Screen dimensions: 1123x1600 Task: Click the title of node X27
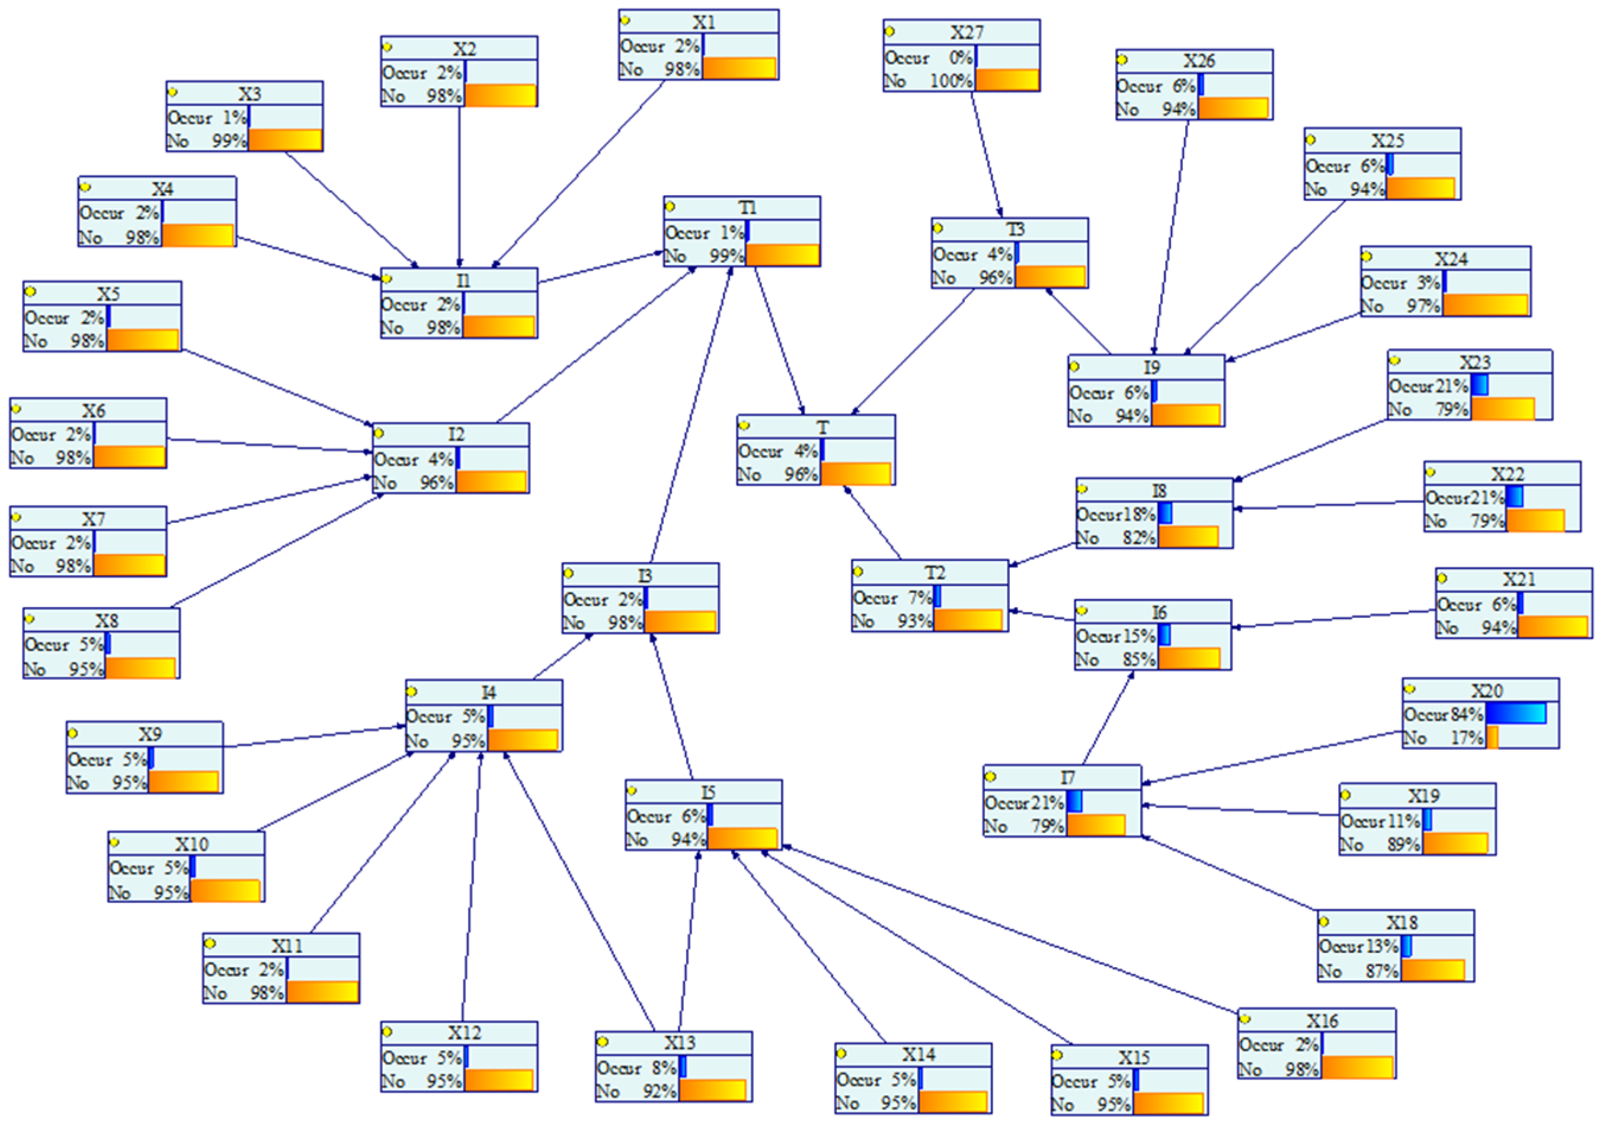coord(967,32)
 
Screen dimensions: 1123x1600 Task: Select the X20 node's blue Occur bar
coord(1516,713)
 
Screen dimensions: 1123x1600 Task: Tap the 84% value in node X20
coord(1466,714)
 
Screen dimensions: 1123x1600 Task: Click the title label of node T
coord(823,427)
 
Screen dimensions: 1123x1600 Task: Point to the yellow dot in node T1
coord(670,206)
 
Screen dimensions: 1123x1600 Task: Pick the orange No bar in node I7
coord(1096,825)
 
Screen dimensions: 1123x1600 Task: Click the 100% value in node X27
coord(951,81)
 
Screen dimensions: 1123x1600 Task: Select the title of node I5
coord(708,793)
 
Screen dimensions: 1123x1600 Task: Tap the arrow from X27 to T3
coord(987,154)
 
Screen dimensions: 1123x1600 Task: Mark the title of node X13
coord(679,1043)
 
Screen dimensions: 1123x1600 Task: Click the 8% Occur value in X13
coord(664,1067)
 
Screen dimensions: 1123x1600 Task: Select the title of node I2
coord(456,434)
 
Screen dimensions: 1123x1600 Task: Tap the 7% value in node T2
coord(919,598)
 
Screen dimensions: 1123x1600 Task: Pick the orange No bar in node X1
coord(740,68)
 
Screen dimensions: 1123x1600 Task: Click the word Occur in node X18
coord(1342,947)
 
